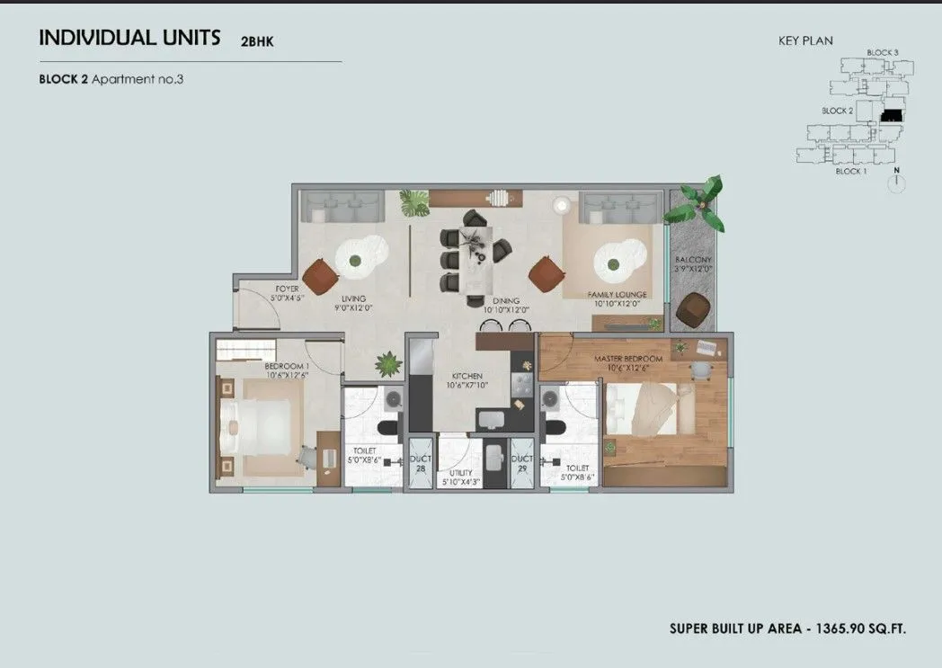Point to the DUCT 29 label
point(522,463)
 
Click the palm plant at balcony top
point(696,203)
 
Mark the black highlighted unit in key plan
point(891,116)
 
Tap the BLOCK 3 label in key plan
point(882,53)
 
